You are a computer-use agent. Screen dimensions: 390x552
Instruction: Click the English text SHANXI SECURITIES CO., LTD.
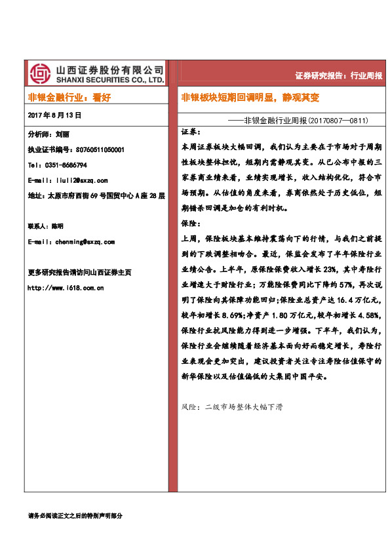pos(109,79)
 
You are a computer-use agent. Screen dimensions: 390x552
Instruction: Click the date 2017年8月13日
pos(55,115)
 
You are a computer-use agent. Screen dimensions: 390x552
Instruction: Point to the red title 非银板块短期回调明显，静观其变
pos(250,98)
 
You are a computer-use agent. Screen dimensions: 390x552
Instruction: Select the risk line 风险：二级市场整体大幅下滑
pos(231,407)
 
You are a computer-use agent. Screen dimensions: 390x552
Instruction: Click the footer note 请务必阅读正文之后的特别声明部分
pos(75,516)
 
